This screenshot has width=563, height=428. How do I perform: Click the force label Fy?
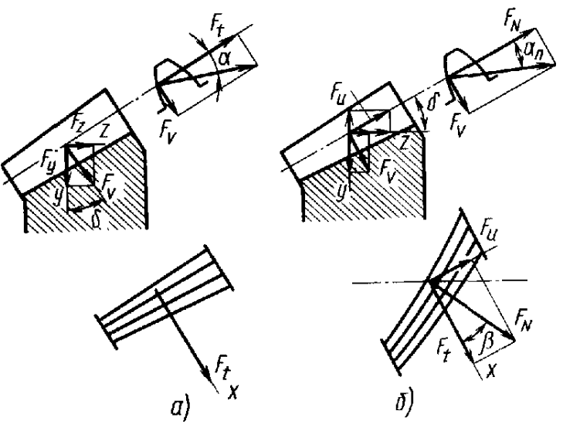pyautogui.click(x=52, y=166)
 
